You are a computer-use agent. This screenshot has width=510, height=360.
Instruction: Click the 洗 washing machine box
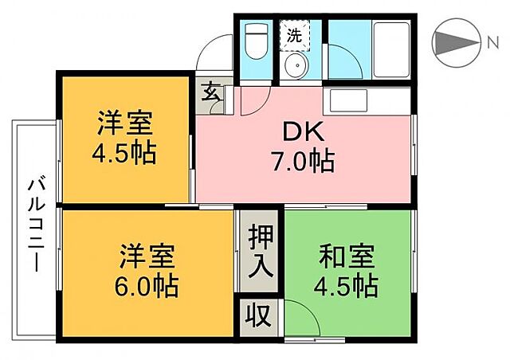[294, 34]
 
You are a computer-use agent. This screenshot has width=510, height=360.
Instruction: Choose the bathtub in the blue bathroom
[392, 49]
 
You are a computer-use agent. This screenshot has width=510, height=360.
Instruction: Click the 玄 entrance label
[210, 92]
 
